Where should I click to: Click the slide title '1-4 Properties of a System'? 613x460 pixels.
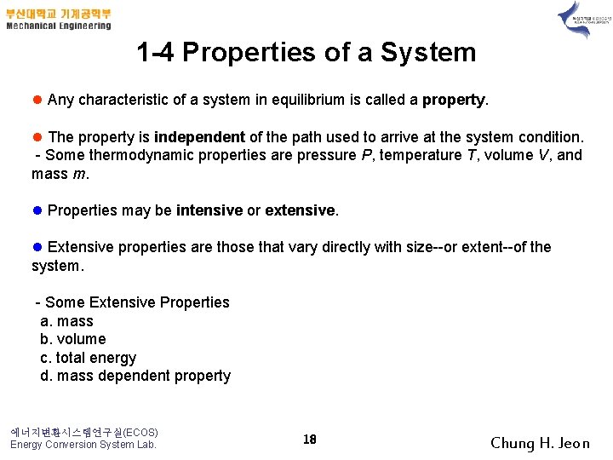point(306,53)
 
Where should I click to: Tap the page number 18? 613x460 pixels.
point(310,440)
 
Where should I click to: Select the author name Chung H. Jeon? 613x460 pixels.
point(540,443)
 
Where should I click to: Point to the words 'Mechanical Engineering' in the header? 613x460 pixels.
point(59,26)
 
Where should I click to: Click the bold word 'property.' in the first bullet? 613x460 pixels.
point(455,101)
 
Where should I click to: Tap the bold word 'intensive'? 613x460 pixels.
point(209,210)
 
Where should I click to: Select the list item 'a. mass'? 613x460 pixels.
point(67,321)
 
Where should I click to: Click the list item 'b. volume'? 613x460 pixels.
point(73,339)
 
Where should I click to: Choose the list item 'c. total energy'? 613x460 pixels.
point(89,358)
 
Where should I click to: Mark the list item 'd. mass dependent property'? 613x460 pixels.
point(136,376)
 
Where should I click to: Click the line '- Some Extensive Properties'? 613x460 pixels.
point(132,302)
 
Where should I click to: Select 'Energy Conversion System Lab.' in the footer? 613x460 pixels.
point(83,444)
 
